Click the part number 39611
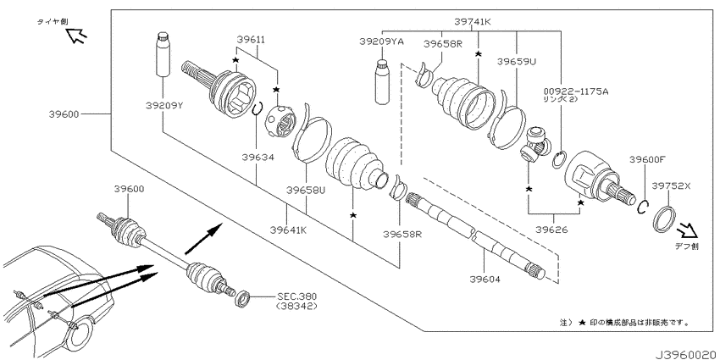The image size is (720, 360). [252, 40]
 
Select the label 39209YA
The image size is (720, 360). [381, 42]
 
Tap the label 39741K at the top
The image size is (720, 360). [473, 21]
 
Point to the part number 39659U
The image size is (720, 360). [517, 61]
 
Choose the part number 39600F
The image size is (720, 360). [647, 159]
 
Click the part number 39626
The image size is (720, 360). [553, 230]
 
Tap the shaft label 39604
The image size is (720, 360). [485, 279]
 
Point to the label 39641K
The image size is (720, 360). [288, 230]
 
